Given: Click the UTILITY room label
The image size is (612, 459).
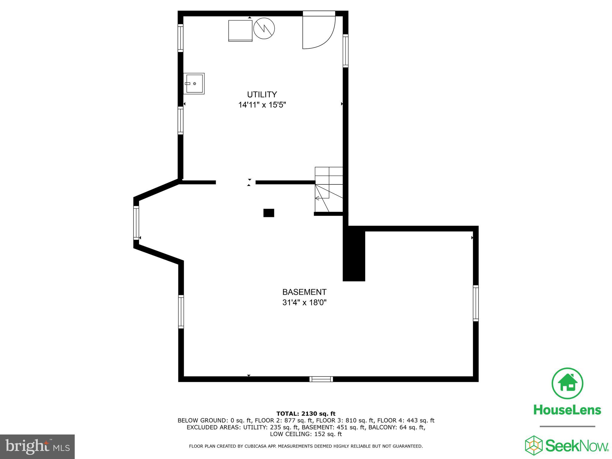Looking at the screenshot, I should (262, 94).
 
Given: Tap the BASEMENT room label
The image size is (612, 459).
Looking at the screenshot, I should (304, 292).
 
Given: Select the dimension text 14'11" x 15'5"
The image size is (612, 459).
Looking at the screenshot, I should (262, 105).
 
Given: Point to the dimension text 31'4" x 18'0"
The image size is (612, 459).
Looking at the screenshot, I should (304, 302).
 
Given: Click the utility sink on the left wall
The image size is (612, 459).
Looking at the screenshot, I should (194, 84).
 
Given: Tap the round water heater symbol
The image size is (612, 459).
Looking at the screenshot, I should (264, 29).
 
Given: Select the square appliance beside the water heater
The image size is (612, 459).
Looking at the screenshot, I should (240, 30).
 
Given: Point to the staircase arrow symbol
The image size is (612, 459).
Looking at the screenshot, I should (317, 198).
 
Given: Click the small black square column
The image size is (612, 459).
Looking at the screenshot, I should (269, 213).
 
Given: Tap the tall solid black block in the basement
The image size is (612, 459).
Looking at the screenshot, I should (354, 254).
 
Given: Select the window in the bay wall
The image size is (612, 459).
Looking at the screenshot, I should (136, 223).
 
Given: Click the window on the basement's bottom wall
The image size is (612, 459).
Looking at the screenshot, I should (321, 379).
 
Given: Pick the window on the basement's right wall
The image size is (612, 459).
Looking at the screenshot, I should (475, 303).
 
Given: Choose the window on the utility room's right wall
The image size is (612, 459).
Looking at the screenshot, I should (345, 51).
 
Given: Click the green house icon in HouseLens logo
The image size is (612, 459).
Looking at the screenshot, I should (567, 383).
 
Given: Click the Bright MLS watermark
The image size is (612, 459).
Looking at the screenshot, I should (37, 447).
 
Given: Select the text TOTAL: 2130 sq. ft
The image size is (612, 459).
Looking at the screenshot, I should (306, 414).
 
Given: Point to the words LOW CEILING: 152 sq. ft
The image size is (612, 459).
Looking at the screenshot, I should (306, 434).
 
